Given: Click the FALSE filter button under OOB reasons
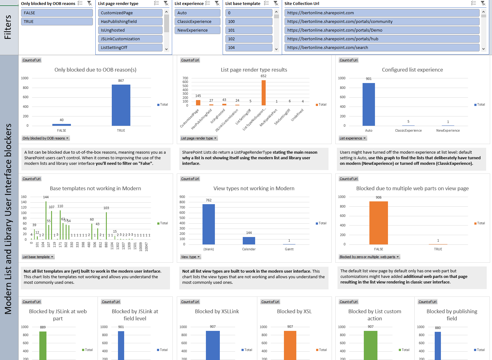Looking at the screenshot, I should pyautogui.click(x=57, y=13).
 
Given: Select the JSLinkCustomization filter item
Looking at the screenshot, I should pyautogui.click(x=130, y=39).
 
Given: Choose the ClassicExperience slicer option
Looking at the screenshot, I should pyautogui.click(x=197, y=22).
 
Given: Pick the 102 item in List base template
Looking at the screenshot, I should pyautogui.click(x=249, y=39).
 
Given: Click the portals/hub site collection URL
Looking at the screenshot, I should pyautogui.click(x=381, y=39).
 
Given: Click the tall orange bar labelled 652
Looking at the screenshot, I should pyautogui.click(x=263, y=93).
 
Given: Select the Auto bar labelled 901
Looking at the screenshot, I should pyautogui.click(x=368, y=104).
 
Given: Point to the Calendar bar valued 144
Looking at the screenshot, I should pyautogui.click(x=249, y=241).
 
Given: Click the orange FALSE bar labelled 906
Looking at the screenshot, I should pyautogui.click(x=378, y=223).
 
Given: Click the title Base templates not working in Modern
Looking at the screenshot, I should pyautogui.click(x=95, y=188).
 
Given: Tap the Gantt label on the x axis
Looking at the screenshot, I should pyautogui.click(x=289, y=249).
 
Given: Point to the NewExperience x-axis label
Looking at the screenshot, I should pyautogui.click(x=448, y=130).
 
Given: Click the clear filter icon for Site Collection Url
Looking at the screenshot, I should pyautogui.click(x=483, y=3).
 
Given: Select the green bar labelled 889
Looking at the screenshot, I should pyautogui.click(x=43, y=345).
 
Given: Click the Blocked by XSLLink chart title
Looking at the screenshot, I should pyautogui.click(x=217, y=311).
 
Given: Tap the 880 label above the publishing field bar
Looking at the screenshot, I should pyautogui.click(x=438, y=328).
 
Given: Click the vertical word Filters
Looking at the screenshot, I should pyautogui.click(x=8, y=27).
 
